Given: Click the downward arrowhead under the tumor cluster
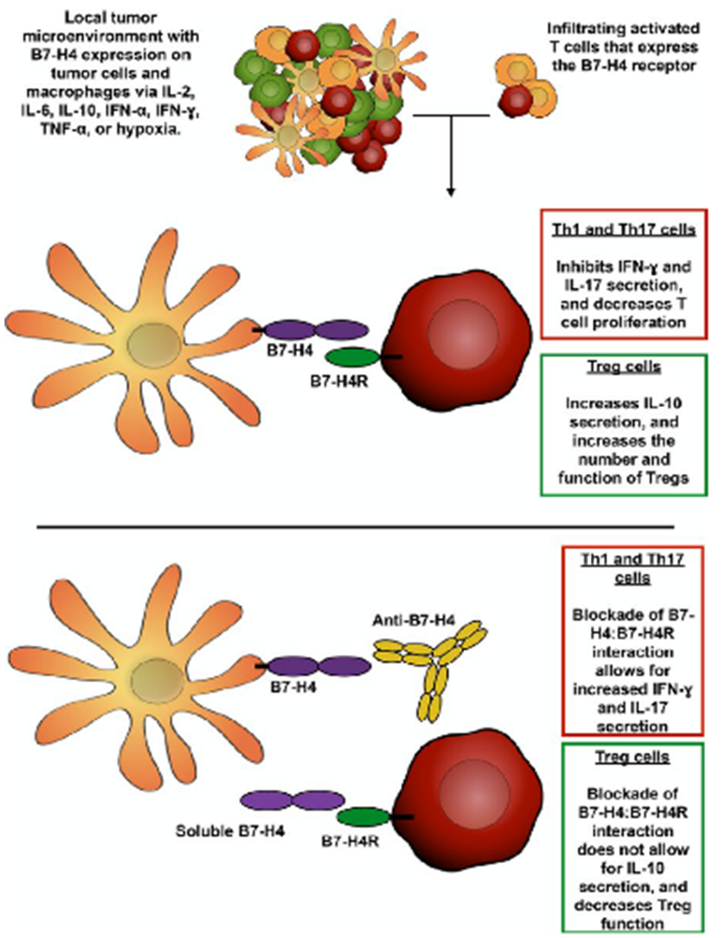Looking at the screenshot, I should tap(450, 191).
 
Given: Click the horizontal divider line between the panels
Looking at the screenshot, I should tap(362, 526).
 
